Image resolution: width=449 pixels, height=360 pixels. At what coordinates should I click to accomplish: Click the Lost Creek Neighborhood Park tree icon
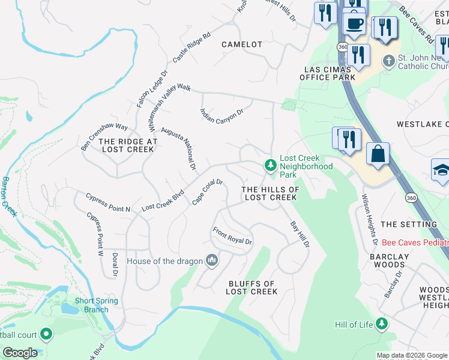(271, 164)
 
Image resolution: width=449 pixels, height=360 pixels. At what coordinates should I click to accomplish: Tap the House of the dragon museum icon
(211, 260)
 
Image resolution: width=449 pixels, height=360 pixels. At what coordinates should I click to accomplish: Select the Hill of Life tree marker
(381, 325)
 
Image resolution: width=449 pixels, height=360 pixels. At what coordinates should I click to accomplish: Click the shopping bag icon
(378, 154)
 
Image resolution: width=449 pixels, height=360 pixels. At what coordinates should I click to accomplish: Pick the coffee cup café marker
(354, 24)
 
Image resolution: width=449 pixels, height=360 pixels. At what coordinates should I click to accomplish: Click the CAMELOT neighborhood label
(242, 44)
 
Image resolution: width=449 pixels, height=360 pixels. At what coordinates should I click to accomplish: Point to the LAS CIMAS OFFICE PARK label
(328, 73)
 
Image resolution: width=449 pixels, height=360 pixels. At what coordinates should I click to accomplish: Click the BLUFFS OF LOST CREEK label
(252, 287)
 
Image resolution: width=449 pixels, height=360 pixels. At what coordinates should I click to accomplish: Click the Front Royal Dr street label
(232, 236)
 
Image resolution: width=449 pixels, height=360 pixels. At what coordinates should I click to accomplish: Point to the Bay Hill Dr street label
(300, 235)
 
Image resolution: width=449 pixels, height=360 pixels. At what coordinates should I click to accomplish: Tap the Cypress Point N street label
(108, 202)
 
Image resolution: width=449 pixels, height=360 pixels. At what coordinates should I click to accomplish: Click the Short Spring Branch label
(91, 305)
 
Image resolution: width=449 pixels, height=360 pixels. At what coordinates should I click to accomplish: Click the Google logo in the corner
(20, 353)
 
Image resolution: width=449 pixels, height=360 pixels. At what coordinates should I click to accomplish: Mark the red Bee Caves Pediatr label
(415, 243)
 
